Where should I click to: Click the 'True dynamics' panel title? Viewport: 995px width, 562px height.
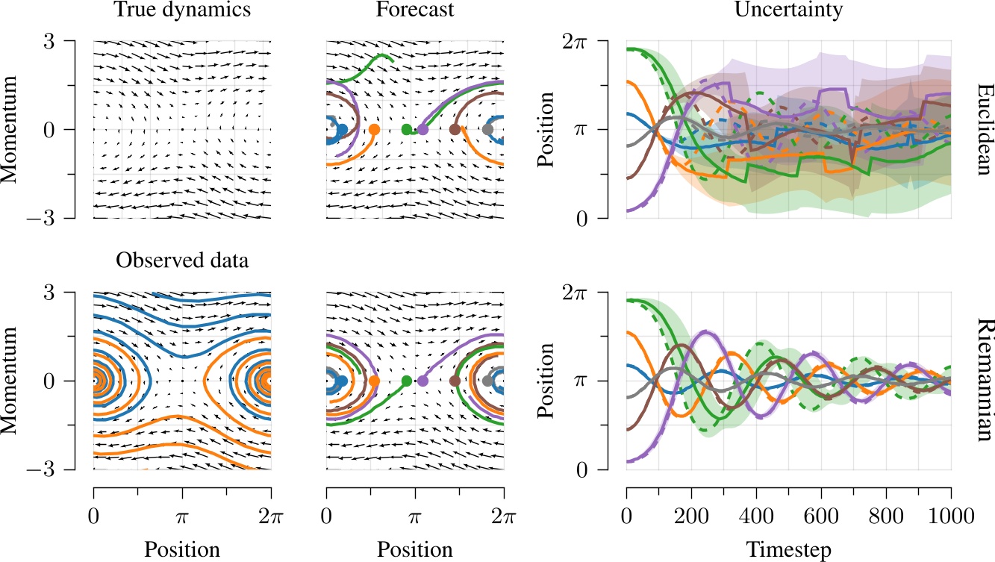(x=182, y=10)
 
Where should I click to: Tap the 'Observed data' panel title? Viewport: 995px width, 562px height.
(x=182, y=261)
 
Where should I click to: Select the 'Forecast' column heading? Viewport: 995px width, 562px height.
(x=415, y=10)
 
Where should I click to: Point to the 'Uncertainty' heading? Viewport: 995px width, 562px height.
(x=788, y=10)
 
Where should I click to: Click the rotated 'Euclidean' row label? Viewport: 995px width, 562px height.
(x=983, y=129)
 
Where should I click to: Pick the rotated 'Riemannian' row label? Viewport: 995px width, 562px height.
(x=983, y=381)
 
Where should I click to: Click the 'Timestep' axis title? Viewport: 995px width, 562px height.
(x=788, y=550)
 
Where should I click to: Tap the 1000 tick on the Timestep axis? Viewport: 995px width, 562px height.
(x=951, y=515)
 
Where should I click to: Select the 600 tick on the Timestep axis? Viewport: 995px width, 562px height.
(x=821, y=515)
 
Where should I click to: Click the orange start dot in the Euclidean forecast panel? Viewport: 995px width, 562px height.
(x=374, y=129)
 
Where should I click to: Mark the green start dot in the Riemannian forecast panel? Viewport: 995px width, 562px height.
(x=406, y=381)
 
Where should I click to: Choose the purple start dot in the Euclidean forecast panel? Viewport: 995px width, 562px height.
(x=422, y=129)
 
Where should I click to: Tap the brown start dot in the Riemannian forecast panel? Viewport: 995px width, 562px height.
(x=455, y=381)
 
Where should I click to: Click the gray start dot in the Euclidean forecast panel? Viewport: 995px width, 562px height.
(x=487, y=129)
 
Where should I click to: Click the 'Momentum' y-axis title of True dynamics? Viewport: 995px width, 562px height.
(x=10, y=129)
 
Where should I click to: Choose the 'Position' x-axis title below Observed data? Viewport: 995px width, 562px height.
(x=182, y=550)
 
